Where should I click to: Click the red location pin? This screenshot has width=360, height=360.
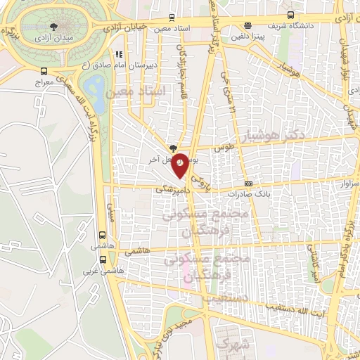[x=181, y=162]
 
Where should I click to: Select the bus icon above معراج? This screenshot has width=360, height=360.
[x=44, y=71]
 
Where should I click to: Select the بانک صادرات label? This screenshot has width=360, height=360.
[x=248, y=193]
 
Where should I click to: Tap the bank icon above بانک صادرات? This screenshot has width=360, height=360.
[x=248, y=182]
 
